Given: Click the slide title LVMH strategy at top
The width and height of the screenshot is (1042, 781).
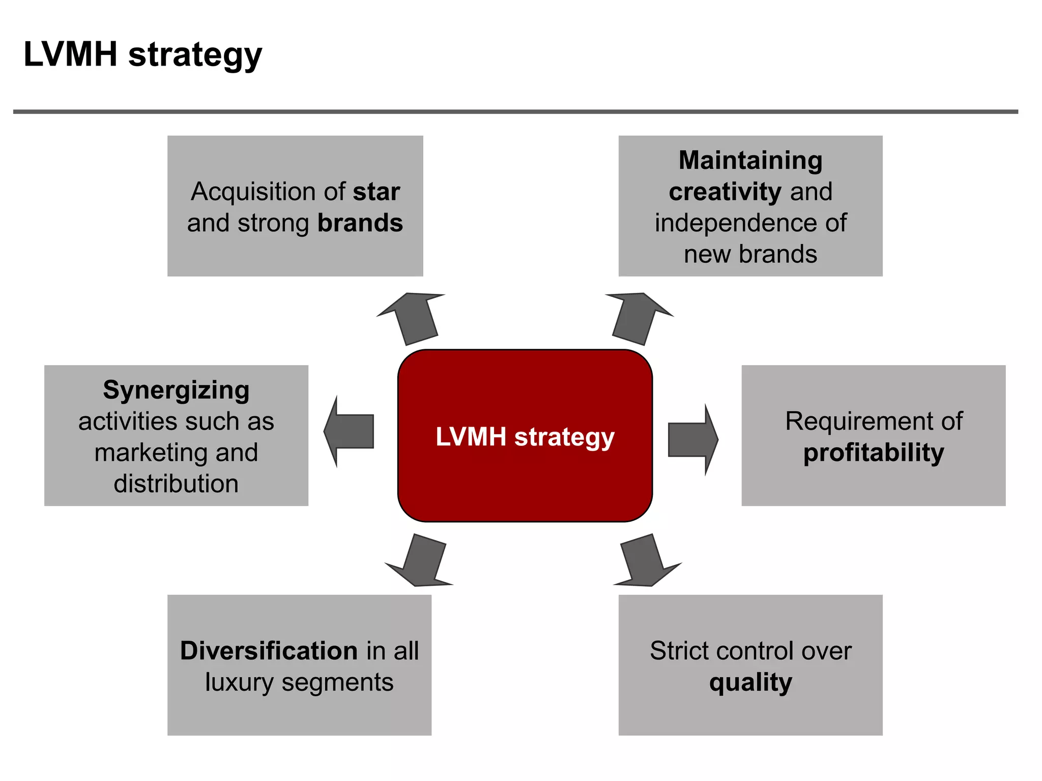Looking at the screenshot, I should tap(142, 54).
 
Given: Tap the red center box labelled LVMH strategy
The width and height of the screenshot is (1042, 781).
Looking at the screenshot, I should tap(525, 436).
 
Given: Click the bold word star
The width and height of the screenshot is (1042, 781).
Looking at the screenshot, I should tap(377, 192).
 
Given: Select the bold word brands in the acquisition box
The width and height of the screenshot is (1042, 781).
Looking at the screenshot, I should tap(360, 223).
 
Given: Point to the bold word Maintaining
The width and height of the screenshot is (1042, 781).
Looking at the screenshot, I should tap(750, 160).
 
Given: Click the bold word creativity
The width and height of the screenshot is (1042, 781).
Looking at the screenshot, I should tap(725, 192).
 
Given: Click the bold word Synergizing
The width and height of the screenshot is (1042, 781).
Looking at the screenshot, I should tap(176, 390).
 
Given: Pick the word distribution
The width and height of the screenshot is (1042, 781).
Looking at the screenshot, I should tap(176, 484).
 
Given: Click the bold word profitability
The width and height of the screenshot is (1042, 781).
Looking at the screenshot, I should tap(873, 453).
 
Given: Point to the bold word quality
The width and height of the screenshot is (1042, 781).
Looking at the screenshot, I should tap(750, 682).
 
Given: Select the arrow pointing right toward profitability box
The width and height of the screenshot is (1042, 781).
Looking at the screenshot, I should tap(692, 440).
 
